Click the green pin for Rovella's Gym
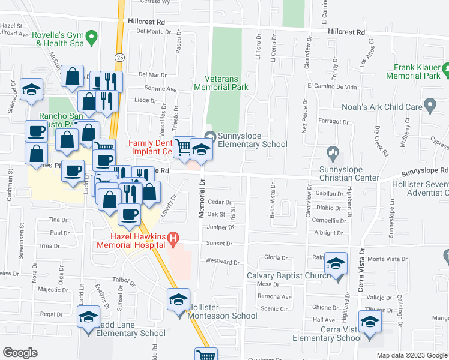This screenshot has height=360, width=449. (x=91, y=38)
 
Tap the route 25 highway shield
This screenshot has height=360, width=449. (x=120, y=57)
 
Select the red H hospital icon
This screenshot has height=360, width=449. (x=173, y=240)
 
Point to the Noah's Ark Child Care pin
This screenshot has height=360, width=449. (x=429, y=106)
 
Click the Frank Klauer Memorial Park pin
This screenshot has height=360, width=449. (x=445, y=71)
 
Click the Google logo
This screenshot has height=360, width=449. (x=20, y=353)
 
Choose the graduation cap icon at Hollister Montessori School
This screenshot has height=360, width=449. (x=178, y=300)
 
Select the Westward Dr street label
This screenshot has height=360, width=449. (x=222, y=262)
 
